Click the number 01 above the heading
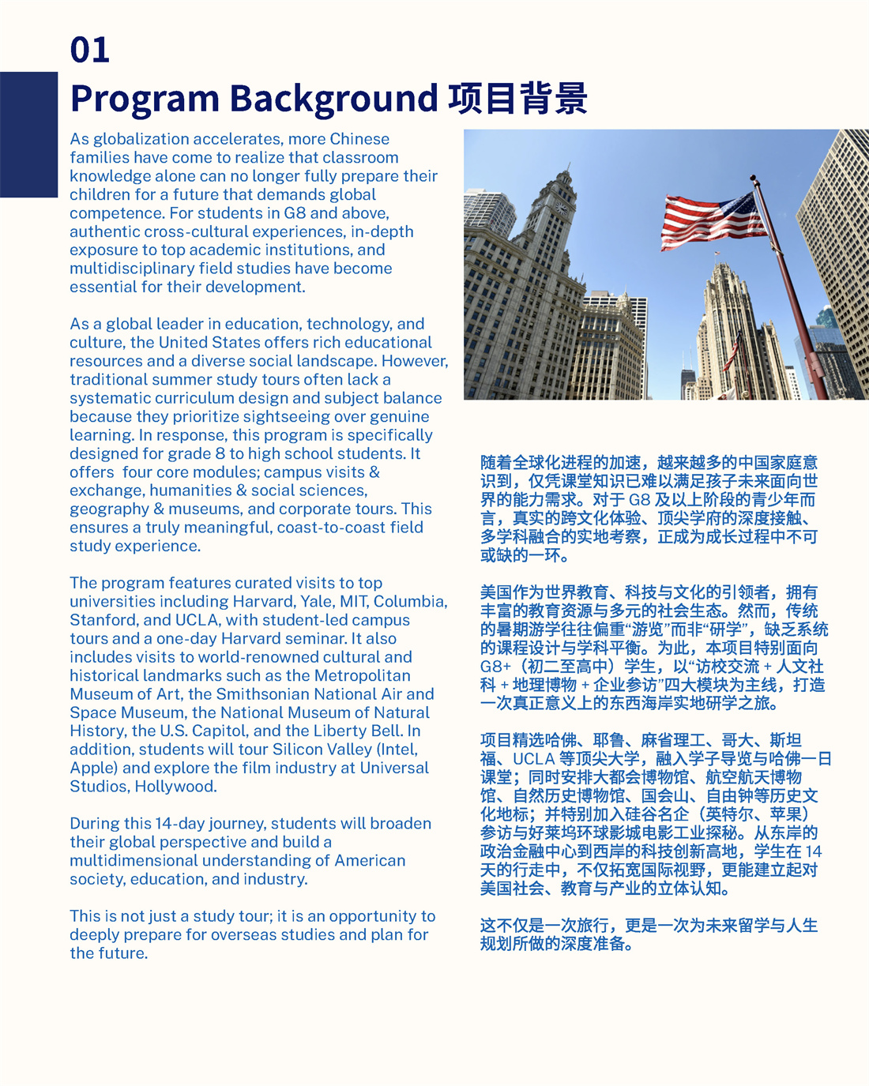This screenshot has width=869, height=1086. tap(89, 50)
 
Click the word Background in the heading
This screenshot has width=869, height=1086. tap(333, 99)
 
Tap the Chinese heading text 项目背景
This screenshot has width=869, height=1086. tap(517, 99)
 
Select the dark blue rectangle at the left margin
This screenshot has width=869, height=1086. tap(28, 134)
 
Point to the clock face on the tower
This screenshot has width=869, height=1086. tap(562, 209)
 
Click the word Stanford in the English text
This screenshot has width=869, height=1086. tap(103, 620)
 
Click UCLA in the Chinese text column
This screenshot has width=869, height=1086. tap(533, 758)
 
